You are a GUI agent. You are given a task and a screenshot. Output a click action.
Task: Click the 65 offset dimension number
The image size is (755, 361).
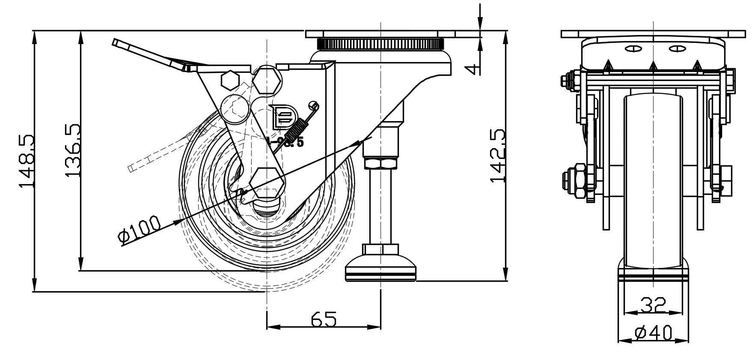324,319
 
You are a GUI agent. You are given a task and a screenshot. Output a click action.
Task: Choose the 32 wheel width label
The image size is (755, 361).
653,305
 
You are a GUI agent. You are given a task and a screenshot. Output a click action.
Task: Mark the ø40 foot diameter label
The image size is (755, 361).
654,333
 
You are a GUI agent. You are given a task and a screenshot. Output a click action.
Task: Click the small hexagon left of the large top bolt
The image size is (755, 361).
231,80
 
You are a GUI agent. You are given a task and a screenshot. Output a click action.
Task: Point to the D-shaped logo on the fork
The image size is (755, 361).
282,117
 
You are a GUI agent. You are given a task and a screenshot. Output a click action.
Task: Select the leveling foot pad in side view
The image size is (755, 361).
380,271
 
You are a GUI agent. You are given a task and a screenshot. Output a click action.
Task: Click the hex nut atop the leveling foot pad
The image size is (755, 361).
380,249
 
